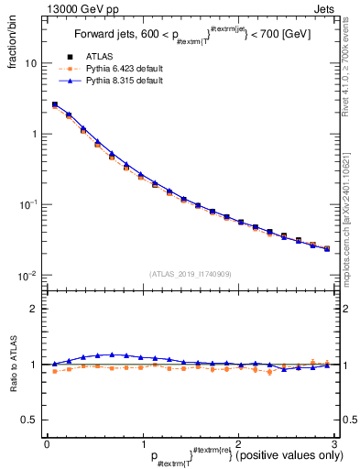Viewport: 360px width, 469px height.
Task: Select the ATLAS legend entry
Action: tap(98, 58)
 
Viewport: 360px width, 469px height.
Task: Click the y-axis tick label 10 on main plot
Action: tap(30, 64)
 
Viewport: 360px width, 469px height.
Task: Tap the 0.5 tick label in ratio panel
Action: tap(29, 420)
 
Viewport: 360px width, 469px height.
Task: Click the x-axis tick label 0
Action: tap(47, 443)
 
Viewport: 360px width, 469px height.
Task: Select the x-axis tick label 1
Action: tap(142, 443)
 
